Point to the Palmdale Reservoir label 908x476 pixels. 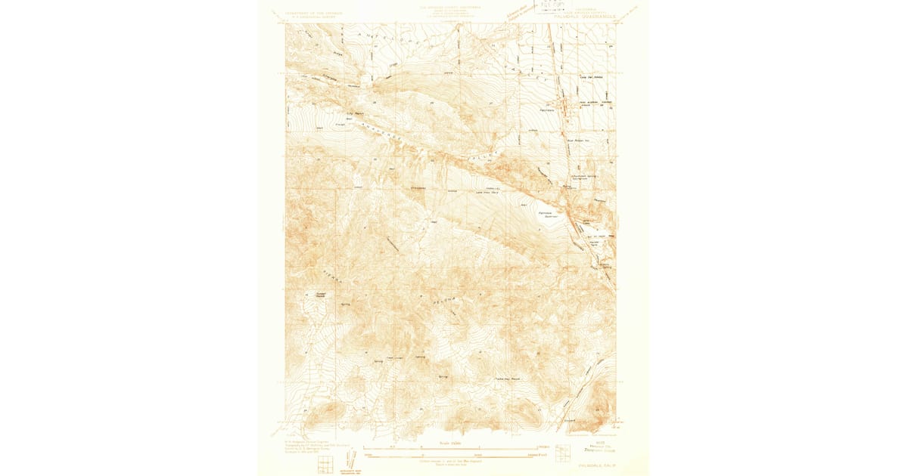point(547,214)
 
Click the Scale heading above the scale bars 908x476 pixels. point(452,443)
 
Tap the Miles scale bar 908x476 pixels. point(452,449)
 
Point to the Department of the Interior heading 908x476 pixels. point(314,14)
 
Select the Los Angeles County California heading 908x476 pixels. point(452,6)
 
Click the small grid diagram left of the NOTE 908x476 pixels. point(563,453)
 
